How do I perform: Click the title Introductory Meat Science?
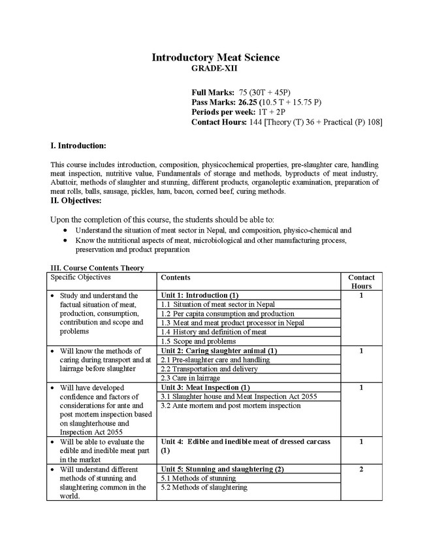pyautogui.click(x=215, y=57)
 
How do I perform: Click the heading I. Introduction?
pyautogui.click(x=78, y=145)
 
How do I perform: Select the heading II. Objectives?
pyautogui.click(x=75, y=200)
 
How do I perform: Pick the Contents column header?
pyautogui.click(x=176, y=277)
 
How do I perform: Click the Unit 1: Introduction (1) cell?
pyautogui.click(x=200, y=295)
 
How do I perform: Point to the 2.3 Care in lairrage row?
pyautogui.click(x=190, y=378)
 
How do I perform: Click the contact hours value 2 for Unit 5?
pyautogui.click(x=361, y=469)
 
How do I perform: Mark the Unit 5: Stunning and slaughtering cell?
pyautogui.click(x=222, y=469)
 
